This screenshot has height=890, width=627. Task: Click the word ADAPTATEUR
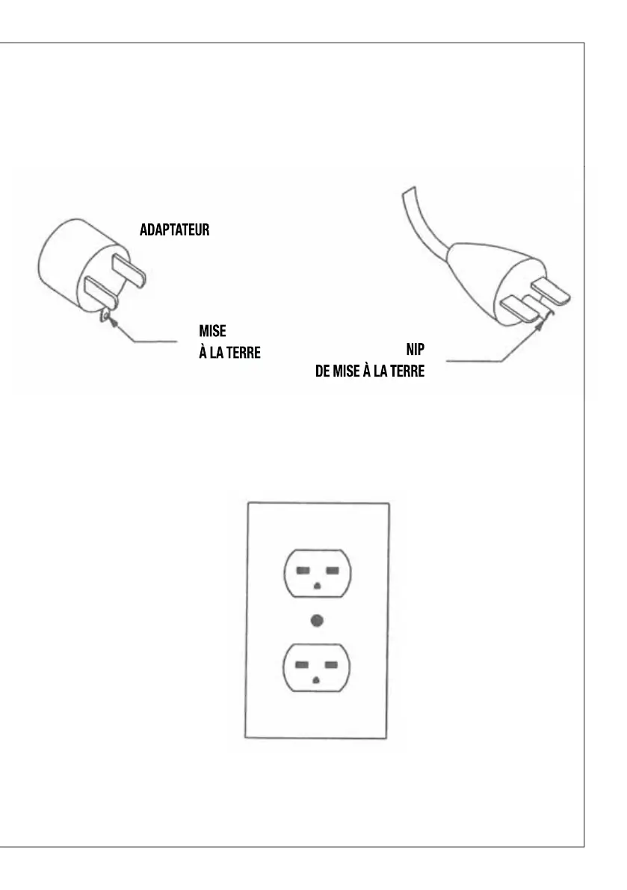[x=174, y=230]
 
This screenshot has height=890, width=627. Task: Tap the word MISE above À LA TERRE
[x=213, y=330]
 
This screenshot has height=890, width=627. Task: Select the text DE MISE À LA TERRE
[x=369, y=371]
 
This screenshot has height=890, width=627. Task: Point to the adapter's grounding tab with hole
[x=105, y=316]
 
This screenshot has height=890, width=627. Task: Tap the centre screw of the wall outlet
[x=317, y=620]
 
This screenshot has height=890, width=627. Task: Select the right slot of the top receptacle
[x=333, y=571]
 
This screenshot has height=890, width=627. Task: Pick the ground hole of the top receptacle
[x=317, y=586]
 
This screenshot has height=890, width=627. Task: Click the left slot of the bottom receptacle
[x=301, y=664]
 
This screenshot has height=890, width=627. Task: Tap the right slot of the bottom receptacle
[x=333, y=664]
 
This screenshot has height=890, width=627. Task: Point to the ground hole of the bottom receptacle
[x=317, y=679]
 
